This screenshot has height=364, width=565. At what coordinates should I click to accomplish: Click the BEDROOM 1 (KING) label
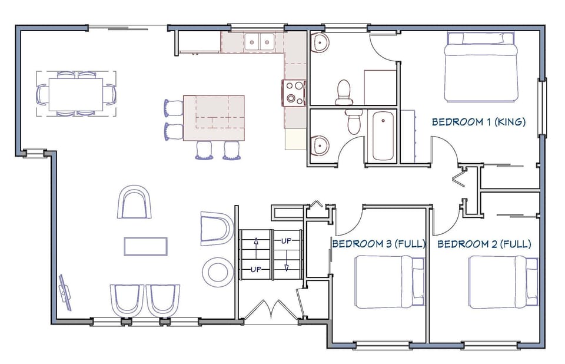pyautogui.click(x=478, y=122)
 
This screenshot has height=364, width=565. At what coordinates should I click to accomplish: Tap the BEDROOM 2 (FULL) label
pyautogui.click(x=484, y=243)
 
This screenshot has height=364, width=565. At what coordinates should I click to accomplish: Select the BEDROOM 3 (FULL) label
pyautogui.click(x=378, y=243)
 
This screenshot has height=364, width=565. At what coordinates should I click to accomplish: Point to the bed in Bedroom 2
pyautogui.click(x=503, y=282)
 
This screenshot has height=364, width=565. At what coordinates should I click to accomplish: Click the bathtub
pyautogui.click(x=383, y=135)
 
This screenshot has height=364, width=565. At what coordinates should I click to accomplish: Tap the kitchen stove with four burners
pyautogui.click(x=294, y=92)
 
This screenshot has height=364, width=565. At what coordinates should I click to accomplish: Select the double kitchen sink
pyautogui.click(x=259, y=41)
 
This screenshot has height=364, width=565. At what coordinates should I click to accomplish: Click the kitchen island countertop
pyautogui.click(x=214, y=118)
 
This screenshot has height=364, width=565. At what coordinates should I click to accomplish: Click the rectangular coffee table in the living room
pyautogui.click(x=145, y=246)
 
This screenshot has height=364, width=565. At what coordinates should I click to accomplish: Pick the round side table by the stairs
pyautogui.click(x=216, y=271)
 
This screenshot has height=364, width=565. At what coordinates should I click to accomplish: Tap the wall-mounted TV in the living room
pyautogui.click(x=65, y=292)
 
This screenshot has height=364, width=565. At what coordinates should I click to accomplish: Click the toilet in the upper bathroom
pyautogui.click(x=344, y=92)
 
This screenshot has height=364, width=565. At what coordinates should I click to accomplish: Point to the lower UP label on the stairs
pyautogui.click(x=255, y=269)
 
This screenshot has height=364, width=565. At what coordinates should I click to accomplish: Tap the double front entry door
pyautogui.click(x=271, y=310)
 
